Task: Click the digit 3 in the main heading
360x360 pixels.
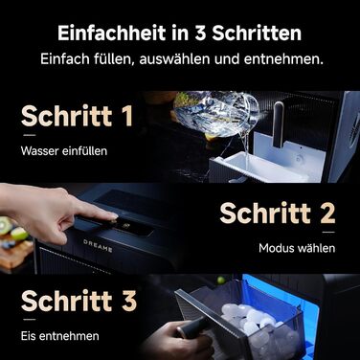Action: [200, 34]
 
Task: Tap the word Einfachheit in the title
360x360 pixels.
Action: [112, 34]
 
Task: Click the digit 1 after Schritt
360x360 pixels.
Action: [127, 116]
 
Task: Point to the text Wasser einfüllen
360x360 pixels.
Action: [64, 151]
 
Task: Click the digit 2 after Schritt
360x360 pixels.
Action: [327, 213]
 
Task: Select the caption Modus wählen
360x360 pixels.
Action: [297, 248]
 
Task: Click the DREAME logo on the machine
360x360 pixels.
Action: [98, 245]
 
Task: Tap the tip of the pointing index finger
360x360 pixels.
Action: [114, 217]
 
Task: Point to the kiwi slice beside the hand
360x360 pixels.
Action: [5, 226]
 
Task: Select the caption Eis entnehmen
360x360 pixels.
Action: [60, 336]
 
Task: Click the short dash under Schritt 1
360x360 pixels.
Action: [30, 135]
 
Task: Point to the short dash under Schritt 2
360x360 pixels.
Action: [328, 232]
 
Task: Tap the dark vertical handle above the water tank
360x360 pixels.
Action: [279, 124]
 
